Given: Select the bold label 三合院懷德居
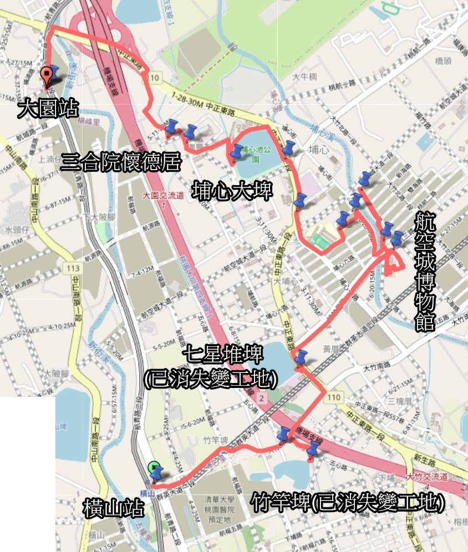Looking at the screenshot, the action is click(x=121, y=162).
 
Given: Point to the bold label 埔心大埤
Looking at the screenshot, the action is click(x=232, y=191).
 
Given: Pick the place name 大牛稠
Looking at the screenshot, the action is click(x=304, y=77).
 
